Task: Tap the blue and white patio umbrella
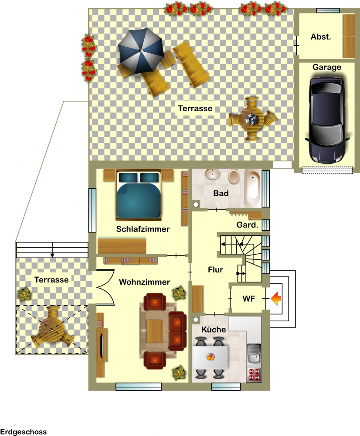click(141, 51)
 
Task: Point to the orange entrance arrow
click(275, 298)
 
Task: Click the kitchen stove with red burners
click(254, 374)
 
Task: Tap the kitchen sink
click(254, 354)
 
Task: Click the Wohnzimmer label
click(145, 282)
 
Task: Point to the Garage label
click(326, 67)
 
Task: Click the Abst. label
click(321, 37)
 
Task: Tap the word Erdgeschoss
click(24, 432)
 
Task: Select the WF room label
click(248, 299)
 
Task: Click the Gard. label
click(247, 225)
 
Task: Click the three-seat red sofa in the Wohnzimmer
click(177, 331)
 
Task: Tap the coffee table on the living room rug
click(155, 331)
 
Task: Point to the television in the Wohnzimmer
click(101, 345)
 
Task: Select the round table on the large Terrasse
click(252, 119)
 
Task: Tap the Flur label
click(215, 270)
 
